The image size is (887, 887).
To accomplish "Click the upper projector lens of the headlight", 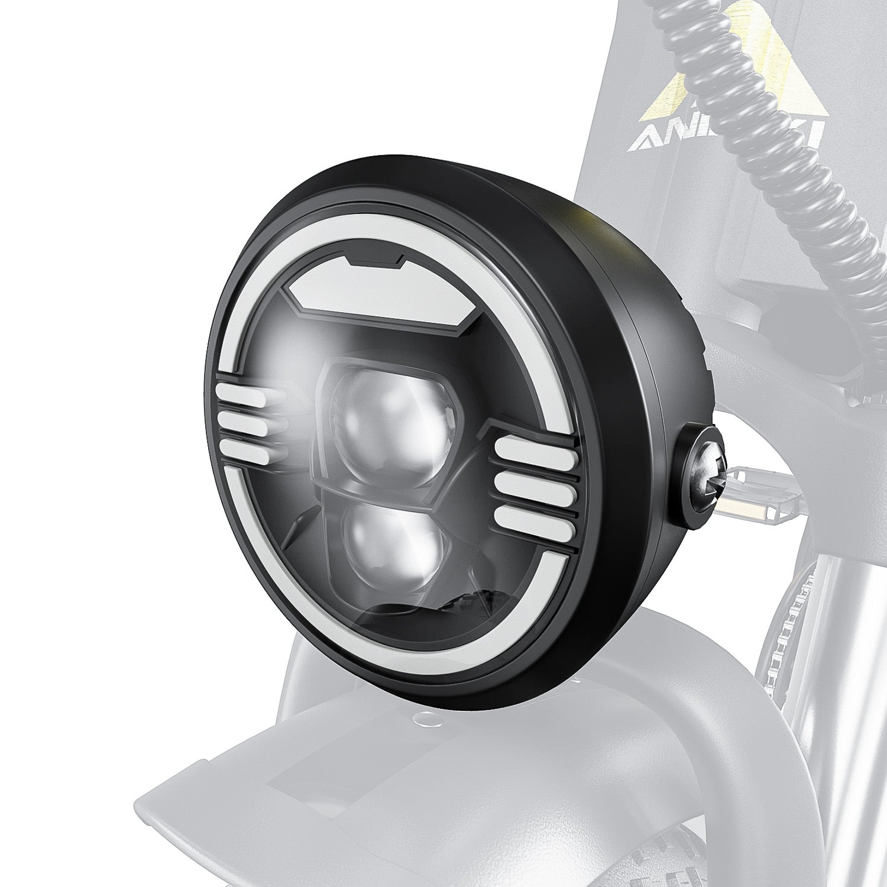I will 387,423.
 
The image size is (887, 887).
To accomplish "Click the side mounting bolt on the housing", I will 704,473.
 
